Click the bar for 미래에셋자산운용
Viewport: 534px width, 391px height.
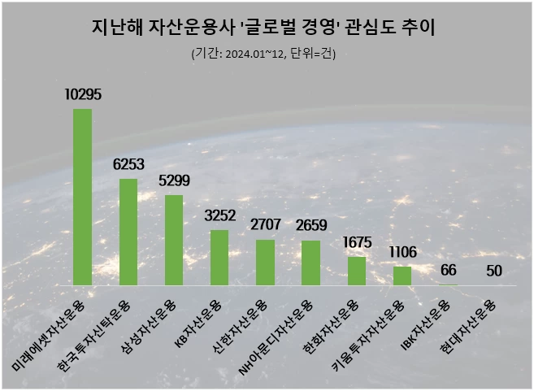(x=82, y=197)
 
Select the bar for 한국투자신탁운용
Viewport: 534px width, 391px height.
(x=128, y=232)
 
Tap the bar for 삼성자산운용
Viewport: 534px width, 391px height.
(x=174, y=240)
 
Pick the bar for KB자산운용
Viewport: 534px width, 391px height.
(x=219, y=258)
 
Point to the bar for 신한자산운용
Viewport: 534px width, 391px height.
(x=265, y=263)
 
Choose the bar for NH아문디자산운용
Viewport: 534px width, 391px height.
(x=311, y=263)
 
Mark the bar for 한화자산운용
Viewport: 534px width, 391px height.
(x=357, y=272)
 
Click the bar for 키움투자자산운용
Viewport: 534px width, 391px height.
(x=402, y=276)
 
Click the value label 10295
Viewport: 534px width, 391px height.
(x=83, y=95)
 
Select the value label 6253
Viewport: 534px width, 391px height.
(x=128, y=165)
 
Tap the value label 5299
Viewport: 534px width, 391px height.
(x=174, y=181)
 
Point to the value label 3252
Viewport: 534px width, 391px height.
(x=219, y=216)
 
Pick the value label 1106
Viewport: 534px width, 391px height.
(x=402, y=253)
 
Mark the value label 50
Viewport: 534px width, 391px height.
(x=494, y=271)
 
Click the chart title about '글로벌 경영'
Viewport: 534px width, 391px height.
(x=265, y=29)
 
